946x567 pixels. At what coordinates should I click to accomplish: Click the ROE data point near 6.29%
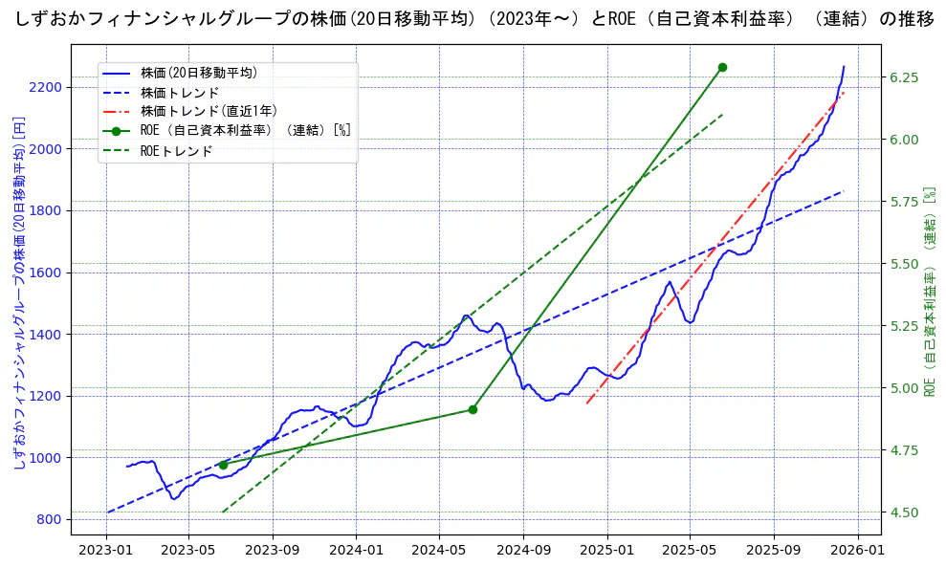point(722,67)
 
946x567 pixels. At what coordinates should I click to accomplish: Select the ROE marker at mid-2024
point(473,409)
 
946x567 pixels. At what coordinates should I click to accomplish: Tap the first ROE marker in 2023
point(223,465)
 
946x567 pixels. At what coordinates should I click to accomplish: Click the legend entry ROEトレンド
point(176,151)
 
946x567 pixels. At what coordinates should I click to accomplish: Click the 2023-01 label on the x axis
point(105,550)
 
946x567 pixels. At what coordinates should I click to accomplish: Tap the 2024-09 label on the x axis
point(524,550)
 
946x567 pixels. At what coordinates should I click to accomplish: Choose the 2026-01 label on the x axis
point(857,550)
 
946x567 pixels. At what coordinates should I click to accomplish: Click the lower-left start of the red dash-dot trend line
point(586,403)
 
